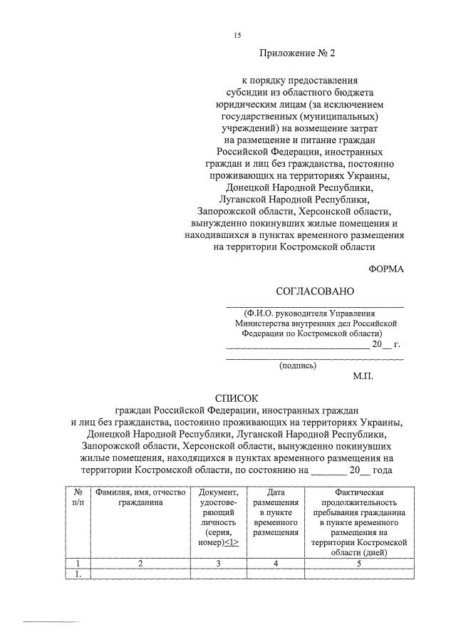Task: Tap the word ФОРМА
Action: pos(385,268)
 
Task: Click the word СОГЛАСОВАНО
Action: pos(314,291)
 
